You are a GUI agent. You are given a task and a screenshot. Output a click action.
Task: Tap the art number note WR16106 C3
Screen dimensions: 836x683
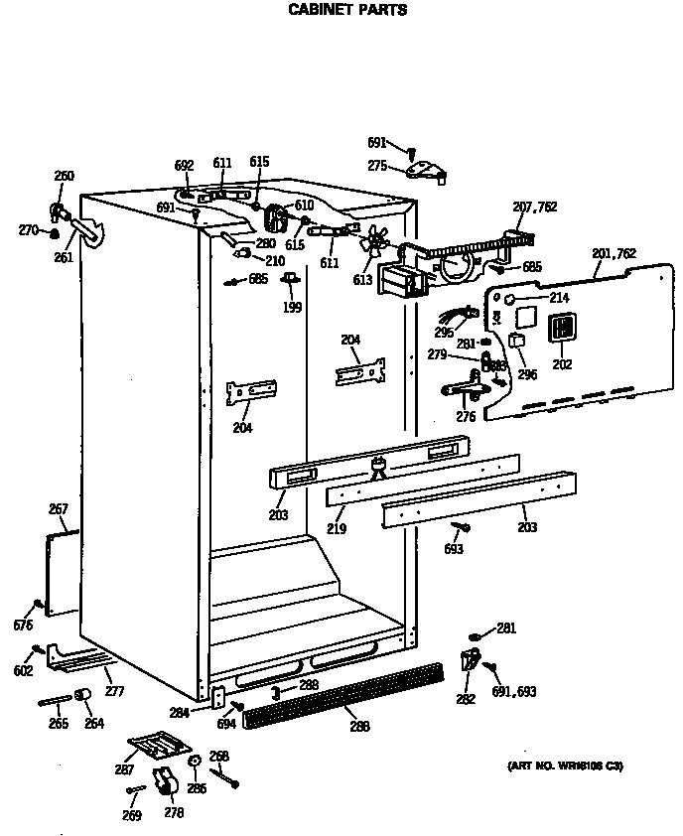(566, 766)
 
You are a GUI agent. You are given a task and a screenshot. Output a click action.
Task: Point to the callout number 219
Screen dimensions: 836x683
(337, 529)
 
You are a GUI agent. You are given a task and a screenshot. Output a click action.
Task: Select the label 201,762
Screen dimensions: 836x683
(614, 254)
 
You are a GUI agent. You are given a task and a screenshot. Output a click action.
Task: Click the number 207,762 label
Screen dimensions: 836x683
(534, 207)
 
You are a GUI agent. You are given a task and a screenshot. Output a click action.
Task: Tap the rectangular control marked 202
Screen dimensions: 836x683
(562, 328)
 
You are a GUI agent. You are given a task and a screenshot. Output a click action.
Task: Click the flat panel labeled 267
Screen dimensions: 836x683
(63, 572)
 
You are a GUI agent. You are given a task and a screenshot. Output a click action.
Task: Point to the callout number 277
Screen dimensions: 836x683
(115, 690)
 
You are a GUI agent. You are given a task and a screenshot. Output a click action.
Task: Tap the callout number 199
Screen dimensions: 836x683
(291, 308)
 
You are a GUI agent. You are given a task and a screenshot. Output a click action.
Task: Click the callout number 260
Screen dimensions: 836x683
(64, 177)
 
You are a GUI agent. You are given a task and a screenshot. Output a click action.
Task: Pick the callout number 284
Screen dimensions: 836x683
(179, 711)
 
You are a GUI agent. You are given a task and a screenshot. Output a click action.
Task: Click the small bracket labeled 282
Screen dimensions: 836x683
(469, 657)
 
